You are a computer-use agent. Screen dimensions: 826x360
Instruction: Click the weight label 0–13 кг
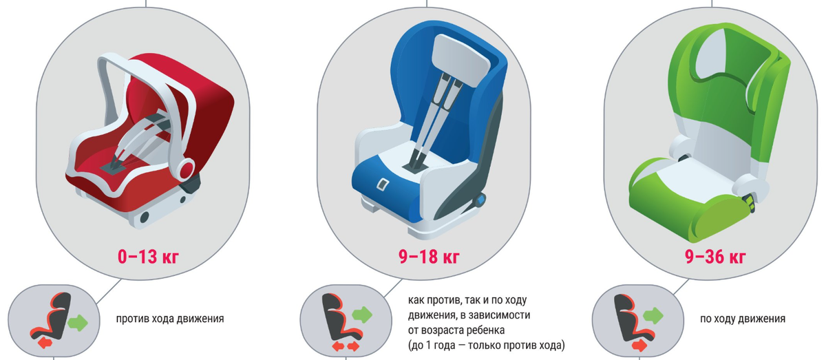click(148, 257)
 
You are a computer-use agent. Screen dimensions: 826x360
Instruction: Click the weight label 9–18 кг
click(429, 257)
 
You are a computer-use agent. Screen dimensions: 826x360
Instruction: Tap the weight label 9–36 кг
click(715, 257)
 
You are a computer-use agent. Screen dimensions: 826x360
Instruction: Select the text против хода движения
click(170, 319)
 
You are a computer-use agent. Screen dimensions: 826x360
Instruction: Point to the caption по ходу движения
click(743, 319)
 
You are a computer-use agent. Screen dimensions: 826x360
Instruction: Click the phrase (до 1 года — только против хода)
click(487, 346)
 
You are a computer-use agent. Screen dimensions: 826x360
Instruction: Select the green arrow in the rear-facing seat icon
click(78, 323)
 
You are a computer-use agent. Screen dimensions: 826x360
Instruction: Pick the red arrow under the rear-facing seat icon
click(45, 343)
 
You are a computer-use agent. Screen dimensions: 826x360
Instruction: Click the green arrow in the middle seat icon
click(362, 315)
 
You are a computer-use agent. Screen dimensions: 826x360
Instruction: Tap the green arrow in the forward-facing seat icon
click(653, 316)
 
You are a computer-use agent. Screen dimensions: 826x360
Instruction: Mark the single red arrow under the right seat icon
click(639, 346)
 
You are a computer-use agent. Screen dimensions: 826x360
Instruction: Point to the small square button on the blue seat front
click(383, 184)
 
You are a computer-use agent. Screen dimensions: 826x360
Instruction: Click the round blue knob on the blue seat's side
click(480, 201)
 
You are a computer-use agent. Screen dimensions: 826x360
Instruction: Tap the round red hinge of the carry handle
click(186, 169)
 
